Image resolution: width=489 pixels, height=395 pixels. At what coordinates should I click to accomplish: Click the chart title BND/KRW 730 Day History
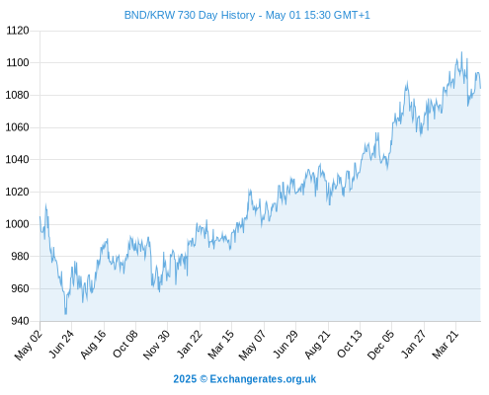point(190,15)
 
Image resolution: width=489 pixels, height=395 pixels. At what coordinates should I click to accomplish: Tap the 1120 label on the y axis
point(18,31)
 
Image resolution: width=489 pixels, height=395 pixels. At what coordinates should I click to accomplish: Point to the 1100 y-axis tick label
point(18,62)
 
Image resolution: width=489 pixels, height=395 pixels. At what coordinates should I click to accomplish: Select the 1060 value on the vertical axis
point(18,127)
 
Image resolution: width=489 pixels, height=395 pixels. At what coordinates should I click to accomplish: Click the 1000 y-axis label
point(18,224)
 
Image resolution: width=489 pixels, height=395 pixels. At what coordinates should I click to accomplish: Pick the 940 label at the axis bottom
point(20,321)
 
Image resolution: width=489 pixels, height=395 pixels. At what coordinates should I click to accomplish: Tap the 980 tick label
point(20,256)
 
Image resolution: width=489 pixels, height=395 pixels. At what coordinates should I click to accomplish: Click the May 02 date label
point(29,345)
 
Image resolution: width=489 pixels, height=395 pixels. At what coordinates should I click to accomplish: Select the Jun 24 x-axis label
point(61,344)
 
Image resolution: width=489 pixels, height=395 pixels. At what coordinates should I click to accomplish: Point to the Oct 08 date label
point(124,344)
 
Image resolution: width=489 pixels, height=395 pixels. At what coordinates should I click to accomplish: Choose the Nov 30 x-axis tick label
point(156,345)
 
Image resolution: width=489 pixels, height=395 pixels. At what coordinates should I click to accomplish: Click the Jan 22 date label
point(189,344)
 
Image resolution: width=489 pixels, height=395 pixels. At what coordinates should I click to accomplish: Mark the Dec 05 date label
point(380,345)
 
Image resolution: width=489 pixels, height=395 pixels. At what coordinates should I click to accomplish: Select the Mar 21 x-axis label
point(445,344)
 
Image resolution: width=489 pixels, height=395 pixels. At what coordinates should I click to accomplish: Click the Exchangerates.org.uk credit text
point(263,379)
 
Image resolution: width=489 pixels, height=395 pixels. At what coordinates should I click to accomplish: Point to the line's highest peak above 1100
point(461,52)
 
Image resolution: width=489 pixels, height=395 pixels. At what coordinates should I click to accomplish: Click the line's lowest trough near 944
point(65,314)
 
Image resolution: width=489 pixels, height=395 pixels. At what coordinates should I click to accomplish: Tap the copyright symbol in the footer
point(204,379)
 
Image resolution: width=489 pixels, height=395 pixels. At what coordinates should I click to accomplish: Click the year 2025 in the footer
point(185,379)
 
